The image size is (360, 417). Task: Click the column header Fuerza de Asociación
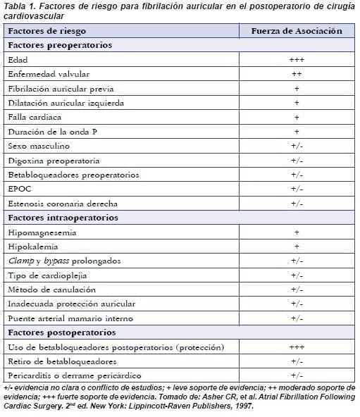(297, 31)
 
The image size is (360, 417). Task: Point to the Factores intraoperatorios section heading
(63, 218)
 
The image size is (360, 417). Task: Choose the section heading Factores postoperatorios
(62, 332)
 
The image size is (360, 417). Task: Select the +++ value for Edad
(297, 60)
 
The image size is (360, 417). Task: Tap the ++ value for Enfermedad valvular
(297, 74)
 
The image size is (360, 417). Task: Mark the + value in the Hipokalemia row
(297, 247)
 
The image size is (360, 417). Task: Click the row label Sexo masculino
(39, 146)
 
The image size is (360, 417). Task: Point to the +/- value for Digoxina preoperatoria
(297, 160)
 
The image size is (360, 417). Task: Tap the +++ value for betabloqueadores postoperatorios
(297, 347)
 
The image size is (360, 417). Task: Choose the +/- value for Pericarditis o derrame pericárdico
(297, 375)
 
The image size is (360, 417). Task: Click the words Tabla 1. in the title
(20, 6)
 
